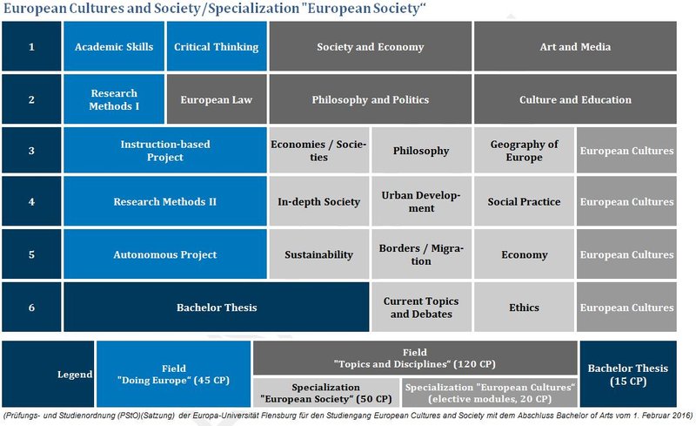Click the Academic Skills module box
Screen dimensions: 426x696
pos(114,47)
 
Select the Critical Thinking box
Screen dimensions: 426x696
pos(217,47)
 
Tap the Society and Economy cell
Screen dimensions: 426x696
pos(371,47)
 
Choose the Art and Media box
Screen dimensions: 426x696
pos(575,47)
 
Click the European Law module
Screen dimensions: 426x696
pos(217,99)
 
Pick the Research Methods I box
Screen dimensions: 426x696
pos(114,99)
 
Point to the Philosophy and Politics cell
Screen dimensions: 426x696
pos(371,99)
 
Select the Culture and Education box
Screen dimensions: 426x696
pos(575,99)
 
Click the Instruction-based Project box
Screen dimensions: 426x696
pos(165,151)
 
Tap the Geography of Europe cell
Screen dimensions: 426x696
pos(524,151)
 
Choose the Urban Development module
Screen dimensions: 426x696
pos(421,201)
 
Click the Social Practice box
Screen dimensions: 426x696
pos(524,201)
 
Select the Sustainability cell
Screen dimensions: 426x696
pos(319,254)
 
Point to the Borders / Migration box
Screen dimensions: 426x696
pos(421,254)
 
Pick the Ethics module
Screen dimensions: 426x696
pos(524,307)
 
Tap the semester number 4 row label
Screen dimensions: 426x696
pos(31,201)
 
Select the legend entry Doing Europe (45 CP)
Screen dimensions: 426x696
pos(174,375)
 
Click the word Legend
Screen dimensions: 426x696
pos(75,375)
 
